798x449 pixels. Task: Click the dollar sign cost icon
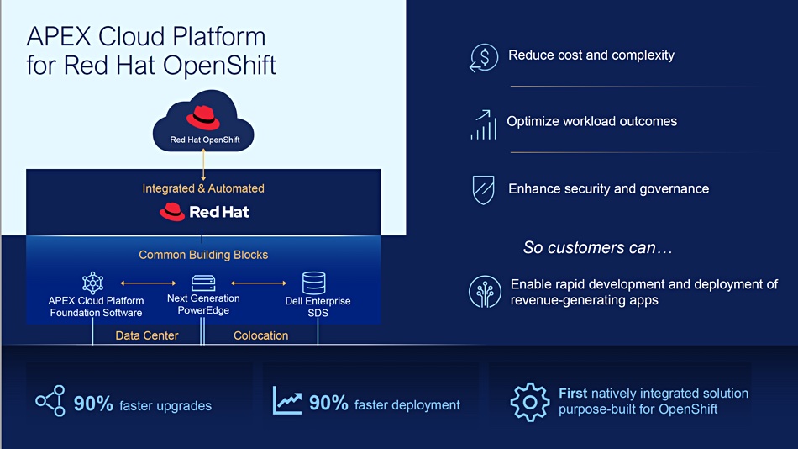tap(484, 57)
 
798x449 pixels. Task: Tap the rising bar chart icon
tap(484, 125)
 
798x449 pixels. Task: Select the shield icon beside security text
tap(483, 189)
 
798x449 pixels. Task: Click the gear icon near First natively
tap(530, 402)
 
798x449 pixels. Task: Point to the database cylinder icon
tap(313, 283)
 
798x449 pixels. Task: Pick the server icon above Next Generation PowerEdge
tap(203, 283)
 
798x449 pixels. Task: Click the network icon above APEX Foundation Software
tap(92, 283)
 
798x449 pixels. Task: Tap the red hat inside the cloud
tap(203, 118)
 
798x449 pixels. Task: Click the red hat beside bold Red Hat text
tap(172, 212)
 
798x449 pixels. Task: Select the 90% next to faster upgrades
tap(93, 404)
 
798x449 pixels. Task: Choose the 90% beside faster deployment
tap(328, 403)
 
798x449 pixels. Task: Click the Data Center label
tap(146, 335)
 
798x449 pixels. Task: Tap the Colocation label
tap(260, 335)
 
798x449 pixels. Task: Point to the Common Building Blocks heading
tap(203, 255)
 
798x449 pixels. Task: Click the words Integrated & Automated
tap(203, 188)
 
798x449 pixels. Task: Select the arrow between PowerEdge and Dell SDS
tap(259, 283)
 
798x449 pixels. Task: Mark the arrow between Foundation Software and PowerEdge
tap(148, 283)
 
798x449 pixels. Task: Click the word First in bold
tap(573, 394)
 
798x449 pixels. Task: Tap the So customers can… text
tap(598, 248)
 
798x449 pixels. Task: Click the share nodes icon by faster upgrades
tap(50, 401)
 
